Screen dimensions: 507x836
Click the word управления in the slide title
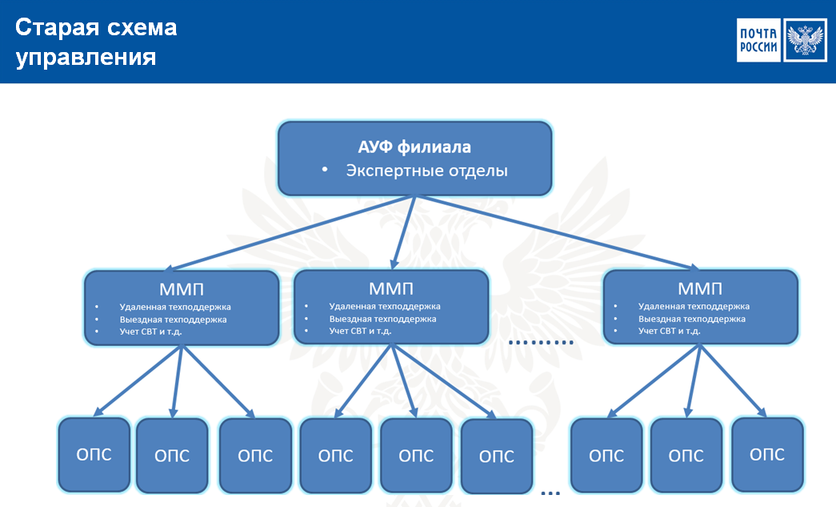86,58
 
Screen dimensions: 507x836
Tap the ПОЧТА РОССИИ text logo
758,39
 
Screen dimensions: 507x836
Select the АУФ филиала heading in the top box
414,147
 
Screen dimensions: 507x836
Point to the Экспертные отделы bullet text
426,171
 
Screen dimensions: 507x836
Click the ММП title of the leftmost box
182,288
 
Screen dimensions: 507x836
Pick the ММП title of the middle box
391,287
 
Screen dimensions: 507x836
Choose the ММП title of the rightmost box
700,288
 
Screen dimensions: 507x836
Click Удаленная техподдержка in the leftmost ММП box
175,307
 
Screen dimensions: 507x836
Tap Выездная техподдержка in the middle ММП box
382,319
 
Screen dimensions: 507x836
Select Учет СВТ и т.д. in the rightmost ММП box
670,331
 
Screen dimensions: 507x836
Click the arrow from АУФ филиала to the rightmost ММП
560,234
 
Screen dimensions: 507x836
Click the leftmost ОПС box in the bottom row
94,454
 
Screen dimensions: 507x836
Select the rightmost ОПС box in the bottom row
767,453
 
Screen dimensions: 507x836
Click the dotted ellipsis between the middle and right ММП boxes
542,342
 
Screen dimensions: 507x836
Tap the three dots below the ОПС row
550,492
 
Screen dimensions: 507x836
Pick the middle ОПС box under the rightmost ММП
686,455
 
